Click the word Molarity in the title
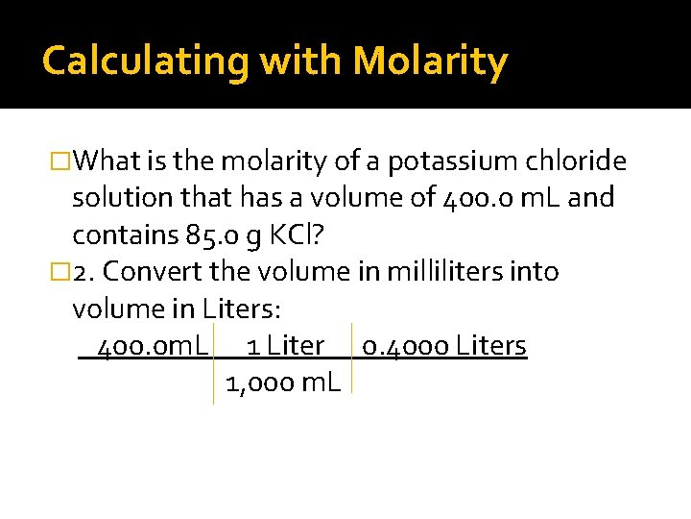430,62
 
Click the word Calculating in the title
145,62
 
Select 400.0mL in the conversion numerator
153,345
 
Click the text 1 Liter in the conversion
285,345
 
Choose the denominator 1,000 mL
282,383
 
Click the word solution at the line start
118,198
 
